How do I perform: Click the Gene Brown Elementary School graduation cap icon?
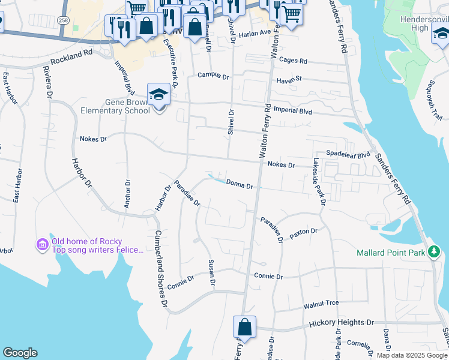coord(158,95)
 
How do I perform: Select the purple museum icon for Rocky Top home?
coord(41,245)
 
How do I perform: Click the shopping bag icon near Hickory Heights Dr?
coord(244,328)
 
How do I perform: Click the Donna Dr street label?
coord(240,185)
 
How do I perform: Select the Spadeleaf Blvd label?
coord(348,154)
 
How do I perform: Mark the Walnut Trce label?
coord(322,305)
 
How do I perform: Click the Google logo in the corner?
coord(20,353)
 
